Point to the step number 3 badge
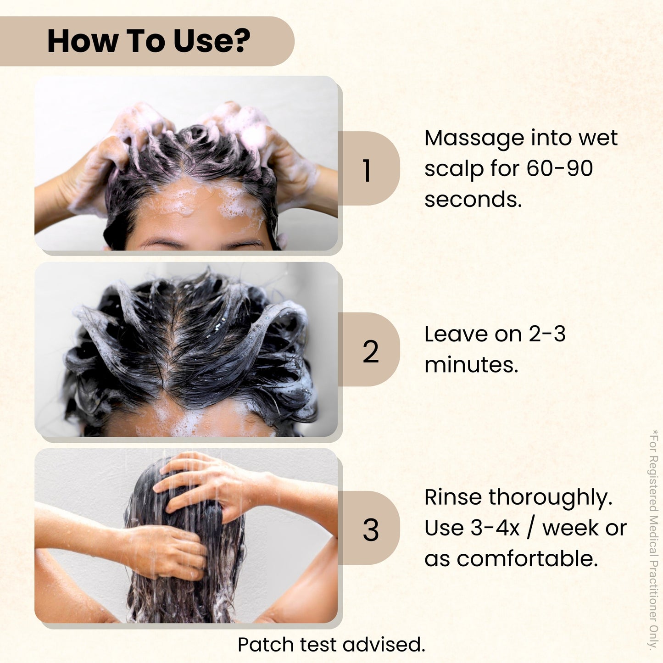(370, 530)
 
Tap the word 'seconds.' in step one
(473, 200)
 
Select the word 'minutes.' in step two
(471, 365)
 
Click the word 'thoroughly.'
(550, 498)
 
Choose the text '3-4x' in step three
(495, 528)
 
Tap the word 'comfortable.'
(527, 559)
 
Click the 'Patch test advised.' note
(331, 645)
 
